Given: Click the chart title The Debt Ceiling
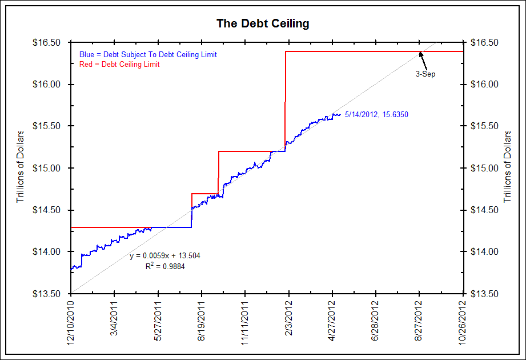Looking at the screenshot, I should [263, 23].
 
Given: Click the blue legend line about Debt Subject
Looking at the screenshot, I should [148, 54].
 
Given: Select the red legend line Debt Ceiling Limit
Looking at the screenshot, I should [119, 64].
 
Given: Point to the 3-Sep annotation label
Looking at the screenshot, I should [425, 74].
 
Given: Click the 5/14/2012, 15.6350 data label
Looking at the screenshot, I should [377, 115].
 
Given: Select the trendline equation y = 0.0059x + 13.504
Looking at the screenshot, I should [164, 255].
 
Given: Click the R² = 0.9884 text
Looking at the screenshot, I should [166, 266].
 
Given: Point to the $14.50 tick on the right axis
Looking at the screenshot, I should [483, 210].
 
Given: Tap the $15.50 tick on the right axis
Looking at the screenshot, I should [483, 126].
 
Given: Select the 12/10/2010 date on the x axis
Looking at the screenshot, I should [71, 323].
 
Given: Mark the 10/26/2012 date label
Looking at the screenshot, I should [463, 323].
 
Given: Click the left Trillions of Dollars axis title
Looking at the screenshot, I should [21, 166].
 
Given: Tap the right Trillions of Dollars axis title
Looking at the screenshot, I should [507, 166].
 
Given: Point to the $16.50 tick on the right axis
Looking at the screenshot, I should [483, 43].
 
